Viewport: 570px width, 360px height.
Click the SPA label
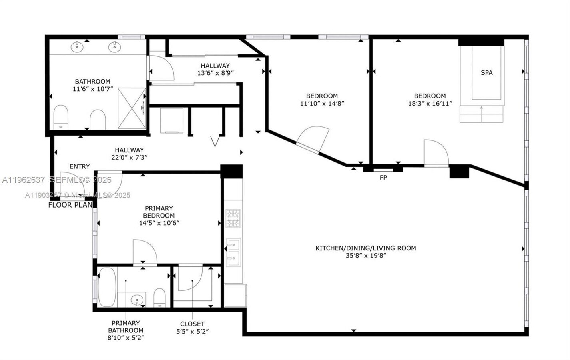[x=486, y=73]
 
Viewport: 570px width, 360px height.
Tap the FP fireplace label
[x=383, y=178]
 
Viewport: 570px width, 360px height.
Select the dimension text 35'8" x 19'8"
[x=365, y=256]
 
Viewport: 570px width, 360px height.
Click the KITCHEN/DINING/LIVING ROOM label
[x=365, y=248]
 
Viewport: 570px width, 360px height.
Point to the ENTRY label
[x=80, y=166]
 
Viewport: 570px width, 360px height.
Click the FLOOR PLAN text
[x=70, y=205]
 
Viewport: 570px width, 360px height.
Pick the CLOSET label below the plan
[x=192, y=324]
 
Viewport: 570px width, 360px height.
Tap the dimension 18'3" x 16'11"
[x=430, y=103]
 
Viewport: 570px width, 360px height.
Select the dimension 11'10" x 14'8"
[x=322, y=103]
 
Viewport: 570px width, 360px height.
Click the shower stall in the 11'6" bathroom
[x=132, y=108]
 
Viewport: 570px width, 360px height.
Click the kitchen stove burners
[x=233, y=218]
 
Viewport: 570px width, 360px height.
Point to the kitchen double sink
[x=233, y=252]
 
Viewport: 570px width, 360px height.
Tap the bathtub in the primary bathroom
[x=107, y=287]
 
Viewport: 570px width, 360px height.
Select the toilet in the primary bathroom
[x=159, y=298]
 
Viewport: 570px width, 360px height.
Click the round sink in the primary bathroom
[x=138, y=299]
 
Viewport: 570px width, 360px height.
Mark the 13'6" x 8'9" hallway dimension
[x=215, y=73]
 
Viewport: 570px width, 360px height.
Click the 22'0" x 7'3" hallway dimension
[x=129, y=157]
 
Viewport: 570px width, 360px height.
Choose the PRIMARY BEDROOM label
[x=159, y=212]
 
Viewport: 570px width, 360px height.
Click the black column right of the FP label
[x=459, y=172]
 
